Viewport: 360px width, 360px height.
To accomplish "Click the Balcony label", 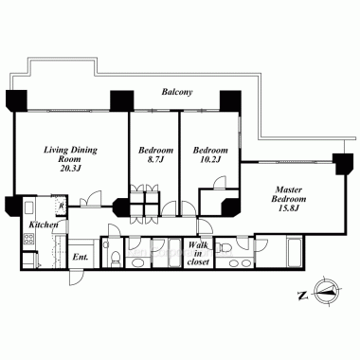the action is pyautogui.click(x=177, y=92).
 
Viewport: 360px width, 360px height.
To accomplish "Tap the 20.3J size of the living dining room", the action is pyautogui.click(x=71, y=169).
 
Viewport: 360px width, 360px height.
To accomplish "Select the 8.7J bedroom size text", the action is pyautogui.click(x=156, y=159).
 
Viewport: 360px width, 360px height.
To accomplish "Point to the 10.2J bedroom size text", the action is pyautogui.click(x=210, y=159).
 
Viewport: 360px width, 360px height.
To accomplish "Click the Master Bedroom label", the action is pyautogui.click(x=289, y=194).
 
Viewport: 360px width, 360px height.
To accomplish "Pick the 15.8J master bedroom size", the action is pyautogui.click(x=289, y=208).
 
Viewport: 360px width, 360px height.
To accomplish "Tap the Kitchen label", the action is pyautogui.click(x=44, y=225).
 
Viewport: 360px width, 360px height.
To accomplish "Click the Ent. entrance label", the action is pyautogui.click(x=81, y=257).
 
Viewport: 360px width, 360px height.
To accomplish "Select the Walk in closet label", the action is pyautogui.click(x=199, y=253).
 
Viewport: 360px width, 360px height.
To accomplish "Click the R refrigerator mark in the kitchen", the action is pyautogui.click(x=62, y=206).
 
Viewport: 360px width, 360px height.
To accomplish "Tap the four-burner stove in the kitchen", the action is pyautogui.click(x=28, y=238).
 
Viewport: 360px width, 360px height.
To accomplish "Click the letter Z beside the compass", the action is pyautogui.click(x=302, y=296).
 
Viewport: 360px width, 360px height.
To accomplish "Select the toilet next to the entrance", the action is pyautogui.click(x=116, y=258).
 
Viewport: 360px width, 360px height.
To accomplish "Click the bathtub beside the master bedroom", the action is pyautogui.click(x=295, y=252).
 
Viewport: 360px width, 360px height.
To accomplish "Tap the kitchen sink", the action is pyautogui.click(x=28, y=209).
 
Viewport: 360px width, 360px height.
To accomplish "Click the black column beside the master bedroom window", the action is pyautogui.click(x=344, y=164).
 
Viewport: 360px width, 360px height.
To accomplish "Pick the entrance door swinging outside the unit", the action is pyautogui.click(x=76, y=278).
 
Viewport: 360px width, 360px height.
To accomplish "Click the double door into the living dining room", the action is pyautogui.click(x=91, y=200).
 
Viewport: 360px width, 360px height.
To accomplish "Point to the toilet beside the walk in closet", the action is pyautogui.click(x=225, y=244).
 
